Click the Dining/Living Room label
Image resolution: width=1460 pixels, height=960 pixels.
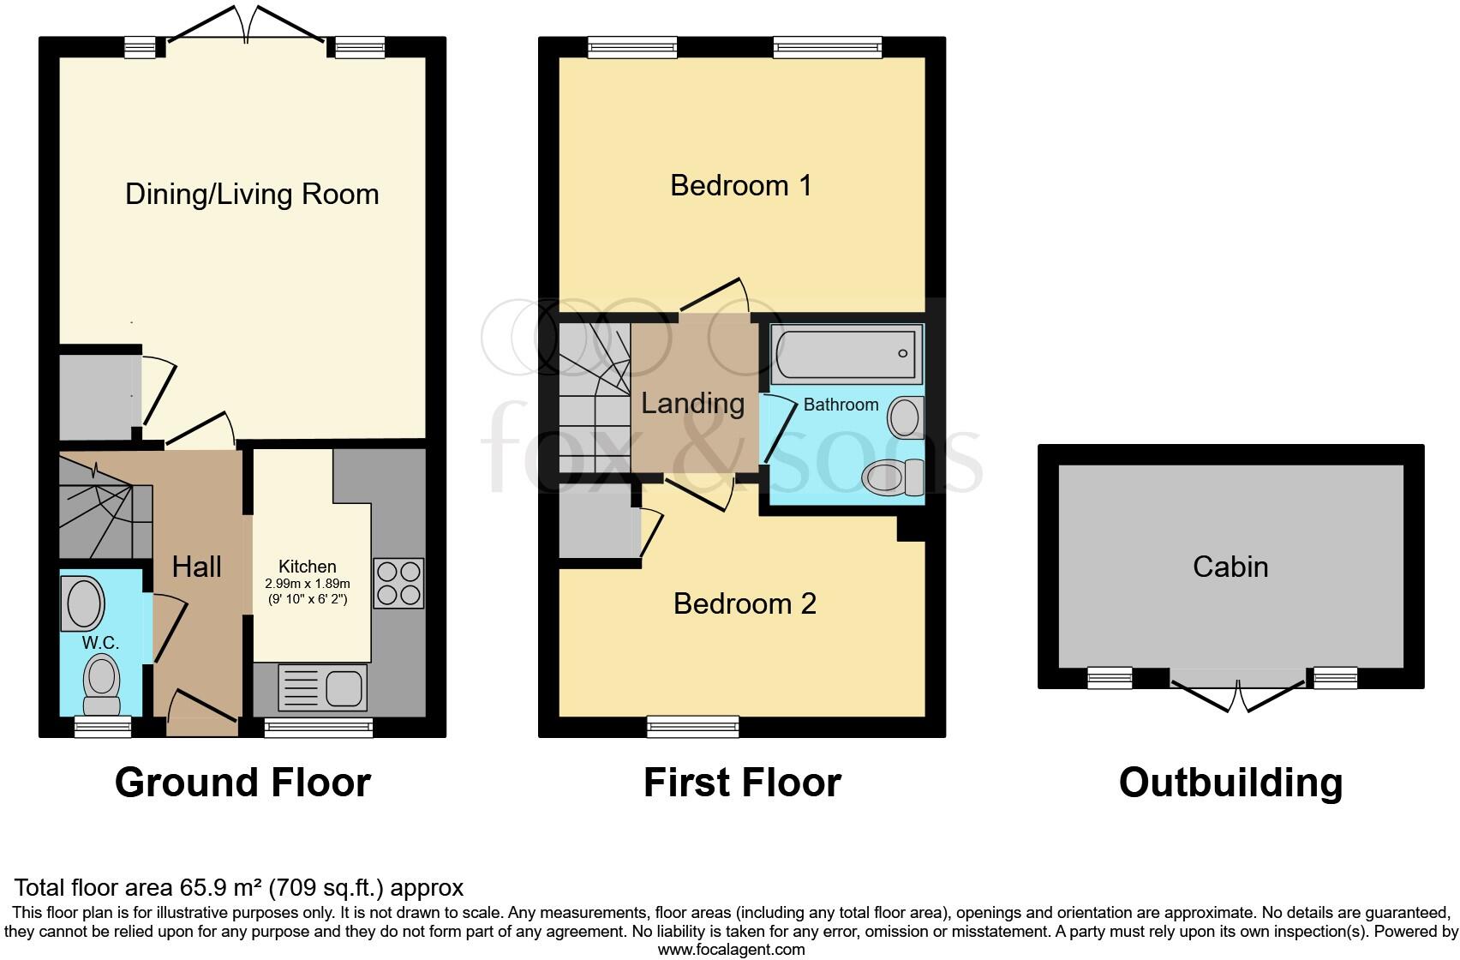[x=252, y=194]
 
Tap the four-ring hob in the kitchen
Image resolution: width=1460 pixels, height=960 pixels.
[x=398, y=583]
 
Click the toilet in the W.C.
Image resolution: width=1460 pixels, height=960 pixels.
[x=102, y=684]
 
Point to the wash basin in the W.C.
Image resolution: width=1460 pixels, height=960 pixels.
[x=83, y=603]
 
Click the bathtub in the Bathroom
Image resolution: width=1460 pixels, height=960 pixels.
[x=847, y=353]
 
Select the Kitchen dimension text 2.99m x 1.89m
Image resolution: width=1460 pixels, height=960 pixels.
[x=307, y=583]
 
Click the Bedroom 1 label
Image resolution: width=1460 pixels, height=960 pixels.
[x=740, y=185]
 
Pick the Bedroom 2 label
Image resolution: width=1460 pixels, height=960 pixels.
[x=744, y=603]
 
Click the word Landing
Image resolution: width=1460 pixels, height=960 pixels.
[x=692, y=403]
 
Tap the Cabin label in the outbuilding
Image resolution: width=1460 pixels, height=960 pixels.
[x=1230, y=567]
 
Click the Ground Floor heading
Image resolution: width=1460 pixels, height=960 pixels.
[x=242, y=783]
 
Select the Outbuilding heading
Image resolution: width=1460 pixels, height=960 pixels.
[x=1230, y=783]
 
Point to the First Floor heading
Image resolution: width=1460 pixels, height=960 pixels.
[x=742, y=783]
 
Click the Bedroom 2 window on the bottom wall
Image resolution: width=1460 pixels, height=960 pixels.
[x=692, y=727]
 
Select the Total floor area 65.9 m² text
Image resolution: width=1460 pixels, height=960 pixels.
[x=239, y=887]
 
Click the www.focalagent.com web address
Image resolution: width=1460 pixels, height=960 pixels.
[x=731, y=949]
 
